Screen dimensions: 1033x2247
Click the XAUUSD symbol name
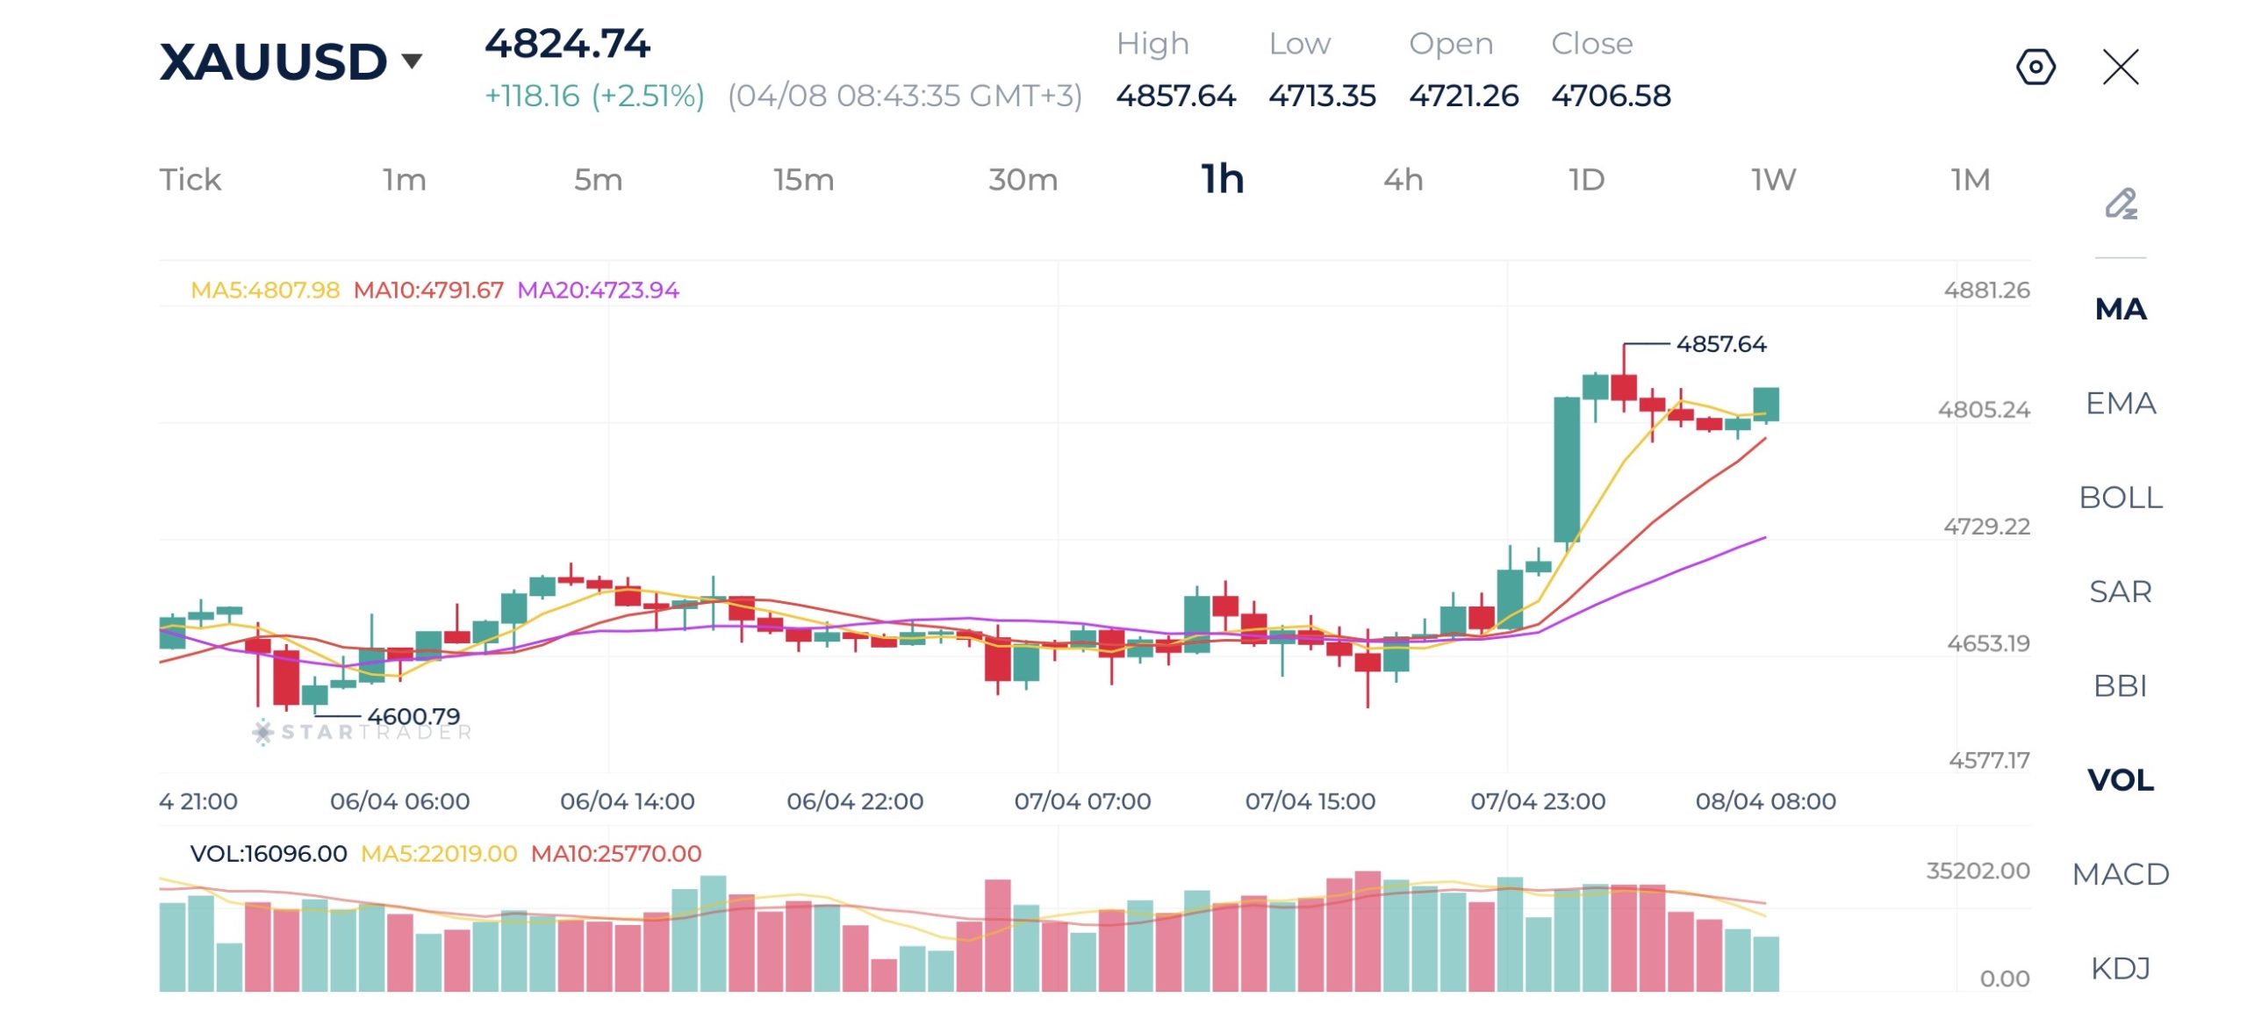[272, 62]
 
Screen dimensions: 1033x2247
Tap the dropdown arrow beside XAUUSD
[412, 61]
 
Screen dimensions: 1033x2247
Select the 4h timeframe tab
[1403, 180]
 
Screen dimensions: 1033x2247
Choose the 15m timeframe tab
[803, 180]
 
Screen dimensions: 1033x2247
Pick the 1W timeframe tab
[1773, 180]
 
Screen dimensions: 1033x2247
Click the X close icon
[2121, 67]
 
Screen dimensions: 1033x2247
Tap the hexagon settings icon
[2035, 67]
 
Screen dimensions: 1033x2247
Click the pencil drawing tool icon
[2121, 204]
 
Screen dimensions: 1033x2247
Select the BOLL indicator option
[2120, 498]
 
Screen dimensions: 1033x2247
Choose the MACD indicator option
[2120, 874]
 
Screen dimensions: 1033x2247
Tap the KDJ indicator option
[2120, 968]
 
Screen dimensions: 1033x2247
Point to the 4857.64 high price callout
[1720, 344]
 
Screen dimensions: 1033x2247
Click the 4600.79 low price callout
[413, 716]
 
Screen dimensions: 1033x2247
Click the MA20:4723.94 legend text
[598, 291]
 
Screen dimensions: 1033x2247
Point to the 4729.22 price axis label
[1986, 527]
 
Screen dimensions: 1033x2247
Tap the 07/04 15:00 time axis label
[1310, 801]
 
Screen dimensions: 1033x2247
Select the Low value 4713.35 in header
[1322, 96]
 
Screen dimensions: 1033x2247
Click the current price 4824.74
[567, 44]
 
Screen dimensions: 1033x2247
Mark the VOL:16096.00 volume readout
[269, 854]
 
